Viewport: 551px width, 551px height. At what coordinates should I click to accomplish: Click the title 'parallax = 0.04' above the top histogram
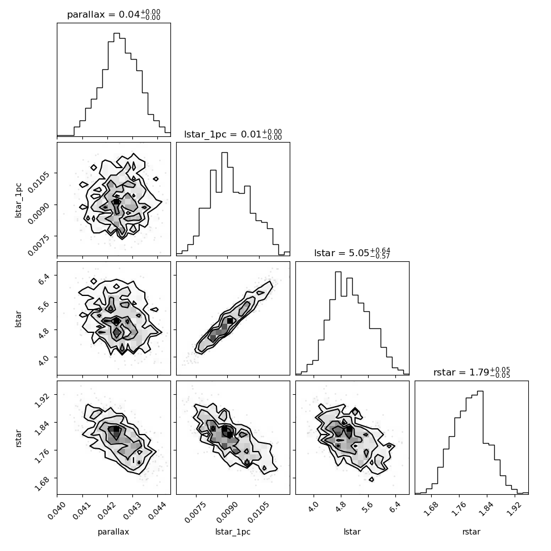[103, 14]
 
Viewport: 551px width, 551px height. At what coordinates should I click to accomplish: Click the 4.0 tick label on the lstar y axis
[44, 360]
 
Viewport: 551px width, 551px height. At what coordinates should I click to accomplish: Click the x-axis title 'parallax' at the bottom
[114, 532]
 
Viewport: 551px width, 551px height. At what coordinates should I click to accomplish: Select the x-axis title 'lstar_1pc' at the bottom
[233, 532]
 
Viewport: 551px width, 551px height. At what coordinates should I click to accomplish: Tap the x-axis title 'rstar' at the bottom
[471, 532]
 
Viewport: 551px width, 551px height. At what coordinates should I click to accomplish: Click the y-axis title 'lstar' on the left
[18, 319]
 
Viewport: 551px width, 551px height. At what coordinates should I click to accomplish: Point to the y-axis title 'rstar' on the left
[18, 438]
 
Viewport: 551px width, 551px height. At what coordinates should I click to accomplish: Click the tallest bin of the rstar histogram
[480, 443]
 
